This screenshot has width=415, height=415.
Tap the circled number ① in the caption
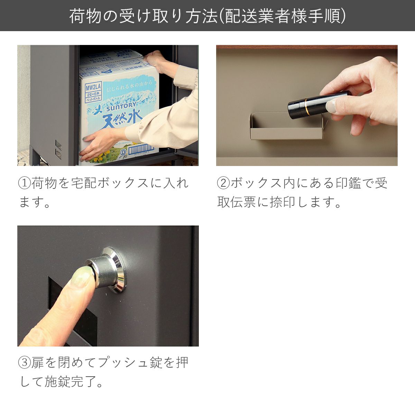(24, 183)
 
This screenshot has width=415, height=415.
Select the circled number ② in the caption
(223, 183)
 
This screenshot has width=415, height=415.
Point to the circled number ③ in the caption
(24, 363)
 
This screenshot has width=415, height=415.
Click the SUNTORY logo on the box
(121, 107)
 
